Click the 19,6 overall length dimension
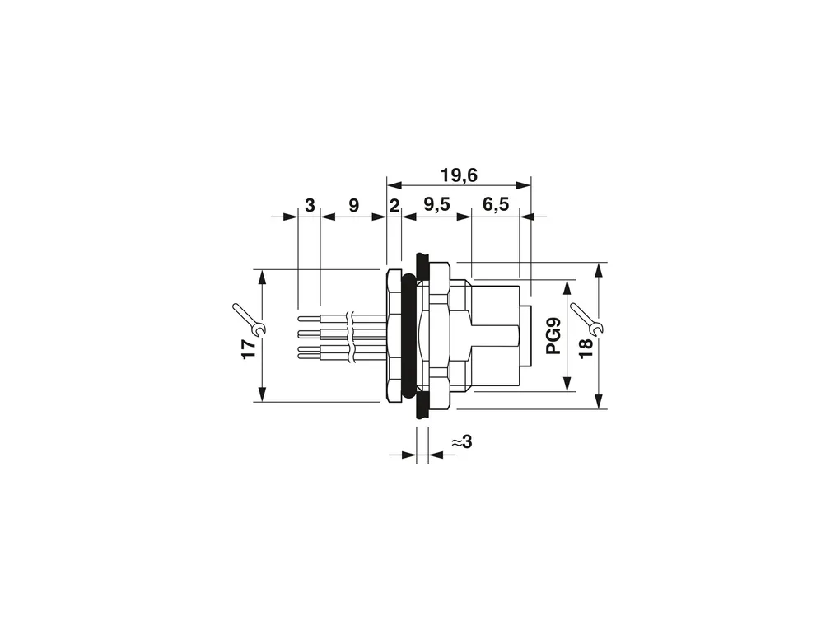point(459,175)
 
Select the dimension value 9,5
point(436,204)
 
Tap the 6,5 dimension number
point(496,204)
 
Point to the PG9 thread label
point(553,336)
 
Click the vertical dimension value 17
point(249,349)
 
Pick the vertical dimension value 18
point(586,348)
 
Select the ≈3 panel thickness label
point(462,442)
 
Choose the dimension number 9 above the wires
point(353,205)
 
